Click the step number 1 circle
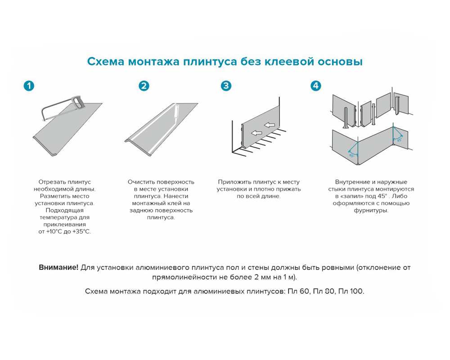[x=29, y=85]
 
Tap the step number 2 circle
[x=144, y=85]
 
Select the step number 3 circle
[x=226, y=85]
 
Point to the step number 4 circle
[x=316, y=85]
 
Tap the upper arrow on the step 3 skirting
[x=270, y=125]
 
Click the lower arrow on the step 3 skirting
[x=257, y=133]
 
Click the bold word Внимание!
[x=58, y=267]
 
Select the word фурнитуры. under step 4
[x=371, y=210]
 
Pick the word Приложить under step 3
[x=233, y=182]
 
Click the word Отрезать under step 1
[x=52, y=182]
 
